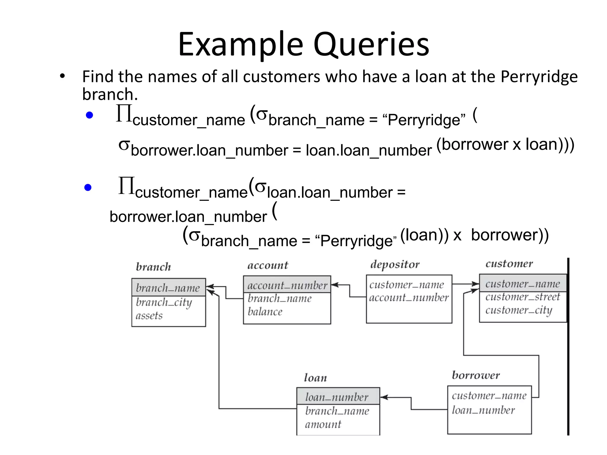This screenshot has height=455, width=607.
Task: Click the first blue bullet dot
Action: pos(89,115)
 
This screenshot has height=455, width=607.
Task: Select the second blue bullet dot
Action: pos(88,187)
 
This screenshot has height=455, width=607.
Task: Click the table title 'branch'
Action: pos(153,267)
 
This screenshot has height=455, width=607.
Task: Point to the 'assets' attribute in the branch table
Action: pos(149,315)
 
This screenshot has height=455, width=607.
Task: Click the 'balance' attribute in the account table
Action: pos(265,312)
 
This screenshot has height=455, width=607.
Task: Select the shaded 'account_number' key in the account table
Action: pos(287,285)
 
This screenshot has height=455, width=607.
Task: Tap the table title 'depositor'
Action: pos(395,264)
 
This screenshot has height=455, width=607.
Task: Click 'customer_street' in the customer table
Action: pos(523,297)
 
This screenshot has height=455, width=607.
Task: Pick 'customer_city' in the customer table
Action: pos(519,310)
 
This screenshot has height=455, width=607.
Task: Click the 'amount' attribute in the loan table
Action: pos(323,424)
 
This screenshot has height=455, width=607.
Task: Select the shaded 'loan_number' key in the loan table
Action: pos(337,397)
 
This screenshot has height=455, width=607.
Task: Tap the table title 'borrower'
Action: pos(476,375)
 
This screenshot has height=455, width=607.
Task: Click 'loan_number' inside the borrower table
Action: pos(483,410)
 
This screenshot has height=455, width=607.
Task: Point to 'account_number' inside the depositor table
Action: pos(409,297)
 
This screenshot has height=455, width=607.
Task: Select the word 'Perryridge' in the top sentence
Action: pos(539,77)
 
